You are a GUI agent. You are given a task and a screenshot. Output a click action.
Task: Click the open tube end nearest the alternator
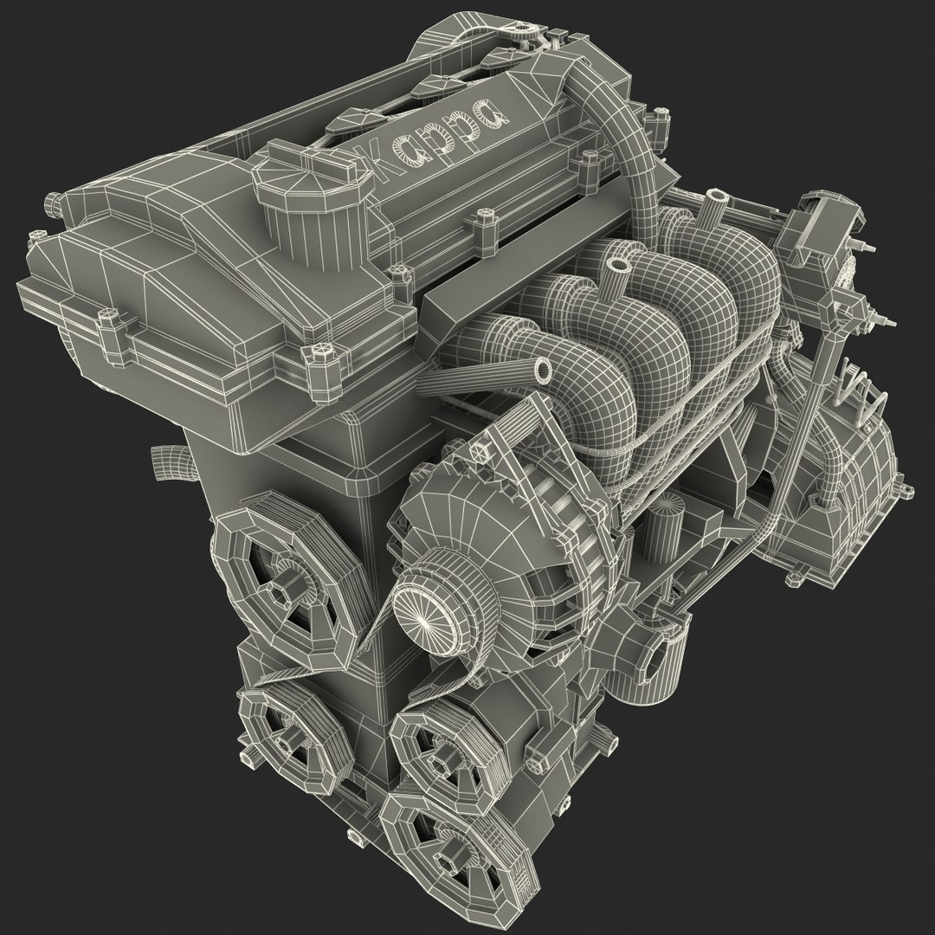click(x=543, y=371)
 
